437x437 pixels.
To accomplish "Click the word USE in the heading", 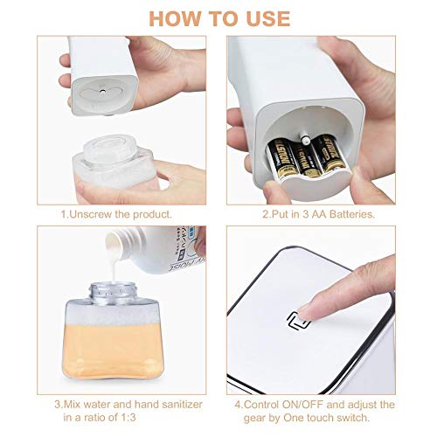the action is click(x=268, y=19).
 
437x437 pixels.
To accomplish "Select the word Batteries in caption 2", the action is click(x=352, y=214).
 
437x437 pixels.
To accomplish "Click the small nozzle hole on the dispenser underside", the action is click(x=102, y=91).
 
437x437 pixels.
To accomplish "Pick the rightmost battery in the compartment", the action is click(x=331, y=155).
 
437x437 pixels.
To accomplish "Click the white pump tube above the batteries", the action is click(x=304, y=138).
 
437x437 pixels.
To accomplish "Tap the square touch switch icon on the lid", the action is click(x=298, y=322).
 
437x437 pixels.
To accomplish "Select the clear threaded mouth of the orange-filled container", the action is click(x=112, y=292).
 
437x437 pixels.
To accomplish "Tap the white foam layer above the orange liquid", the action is click(x=113, y=314).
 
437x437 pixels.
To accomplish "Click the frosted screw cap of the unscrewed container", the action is click(x=110, y=148).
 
